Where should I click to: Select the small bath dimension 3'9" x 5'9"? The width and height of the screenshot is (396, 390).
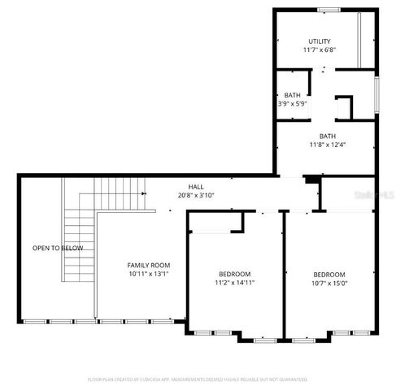point(291,104)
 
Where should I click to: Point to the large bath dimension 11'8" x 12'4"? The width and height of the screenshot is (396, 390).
point(328,145)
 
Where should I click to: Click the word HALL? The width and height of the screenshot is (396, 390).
point(196,186)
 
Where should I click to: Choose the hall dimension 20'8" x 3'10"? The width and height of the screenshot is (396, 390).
point(196,195)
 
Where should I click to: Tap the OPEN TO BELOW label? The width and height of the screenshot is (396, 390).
point(57,247)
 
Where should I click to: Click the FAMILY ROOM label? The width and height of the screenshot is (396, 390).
point(148,265)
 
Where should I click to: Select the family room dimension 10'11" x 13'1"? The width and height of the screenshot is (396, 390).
point(148,274)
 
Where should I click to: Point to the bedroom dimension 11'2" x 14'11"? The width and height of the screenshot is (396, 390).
point(234,283)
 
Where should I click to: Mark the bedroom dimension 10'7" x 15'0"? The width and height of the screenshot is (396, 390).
point(329,284)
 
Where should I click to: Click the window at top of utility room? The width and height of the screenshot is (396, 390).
point(329,10)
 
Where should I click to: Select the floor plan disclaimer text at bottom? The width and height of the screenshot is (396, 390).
point(198,379)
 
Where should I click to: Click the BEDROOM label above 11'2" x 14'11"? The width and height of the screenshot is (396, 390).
point(234,274)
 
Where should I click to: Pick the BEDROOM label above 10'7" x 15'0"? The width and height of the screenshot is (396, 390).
point(329,275)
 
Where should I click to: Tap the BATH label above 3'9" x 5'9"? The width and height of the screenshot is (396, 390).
point(291,95)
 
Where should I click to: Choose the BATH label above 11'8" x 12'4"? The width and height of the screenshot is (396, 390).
point(328,136)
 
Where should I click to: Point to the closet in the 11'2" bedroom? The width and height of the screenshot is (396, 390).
point(215,223)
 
